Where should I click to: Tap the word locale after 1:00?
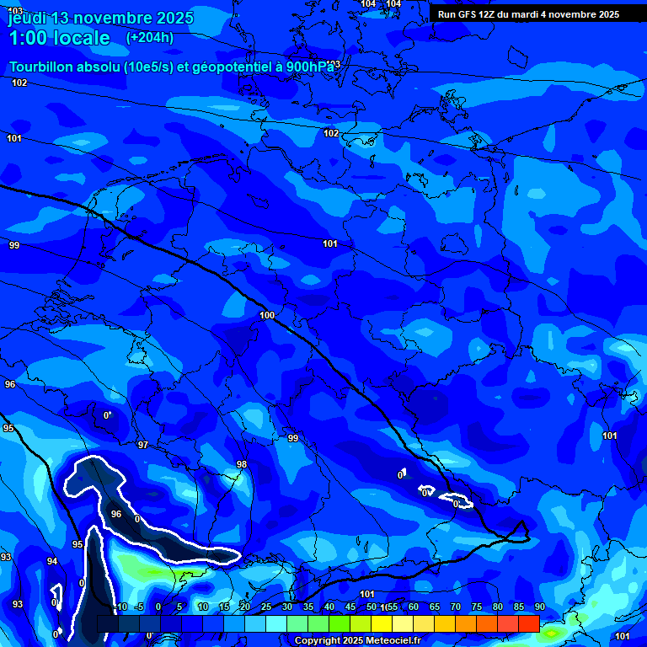[82, 38]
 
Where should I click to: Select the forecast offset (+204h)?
[150, 37]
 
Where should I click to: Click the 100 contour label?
[267, 315]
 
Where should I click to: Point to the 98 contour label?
[242, 464]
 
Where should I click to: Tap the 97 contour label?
[142, 445]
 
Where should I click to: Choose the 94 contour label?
[52, 561]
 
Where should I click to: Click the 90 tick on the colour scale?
[539, 607]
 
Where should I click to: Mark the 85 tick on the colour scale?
[518, 607]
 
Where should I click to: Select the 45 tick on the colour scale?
[350, 607]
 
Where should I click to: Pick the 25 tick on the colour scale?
[265, 607]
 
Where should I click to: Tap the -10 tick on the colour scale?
[120, 607]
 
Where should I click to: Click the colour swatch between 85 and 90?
[528, 623]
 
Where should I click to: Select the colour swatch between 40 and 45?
[339, 623]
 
